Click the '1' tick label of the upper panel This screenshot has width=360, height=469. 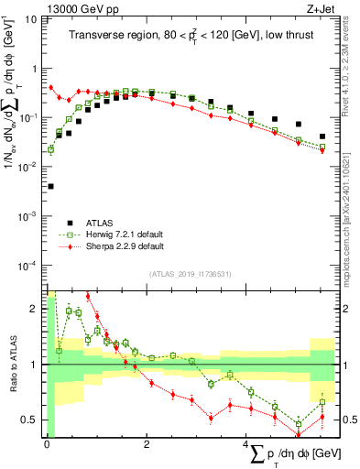pos(36,69)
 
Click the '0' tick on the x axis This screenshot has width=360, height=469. pos(47,445)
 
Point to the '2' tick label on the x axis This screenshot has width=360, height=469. pos(147,445)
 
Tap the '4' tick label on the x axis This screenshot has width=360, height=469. pos(246,445)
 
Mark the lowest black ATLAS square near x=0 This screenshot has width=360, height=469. pos(49,186)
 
